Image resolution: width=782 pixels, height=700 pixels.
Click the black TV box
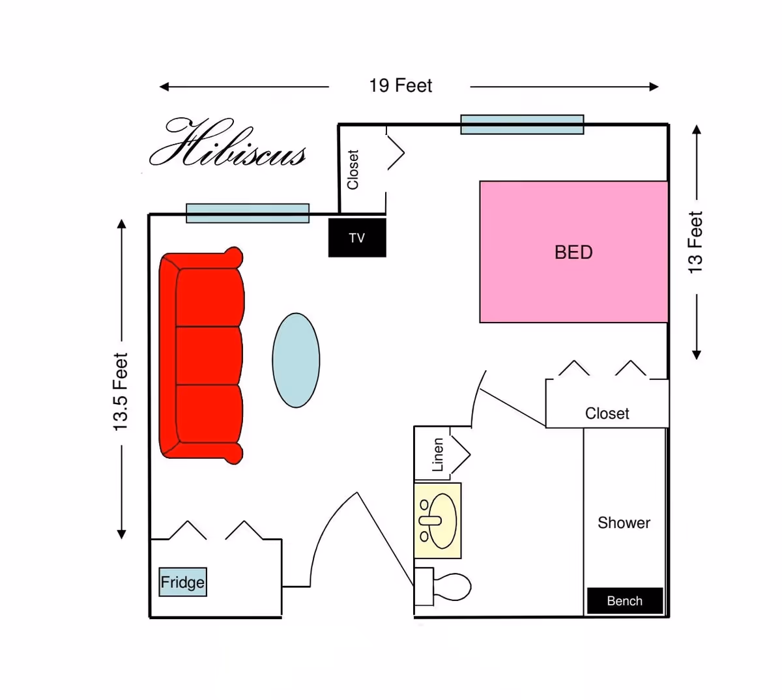357,238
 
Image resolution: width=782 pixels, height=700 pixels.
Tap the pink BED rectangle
573,252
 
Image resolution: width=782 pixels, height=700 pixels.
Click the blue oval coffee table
296,360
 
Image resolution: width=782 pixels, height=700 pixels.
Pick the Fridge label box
182,582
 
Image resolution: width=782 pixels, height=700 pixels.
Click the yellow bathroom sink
438,520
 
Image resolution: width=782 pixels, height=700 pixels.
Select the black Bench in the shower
624,601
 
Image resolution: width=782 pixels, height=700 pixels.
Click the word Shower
624,523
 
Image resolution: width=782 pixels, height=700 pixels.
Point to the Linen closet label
438,454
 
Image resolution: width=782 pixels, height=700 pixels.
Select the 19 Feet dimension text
400,86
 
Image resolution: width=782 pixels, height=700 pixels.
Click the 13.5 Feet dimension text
121,392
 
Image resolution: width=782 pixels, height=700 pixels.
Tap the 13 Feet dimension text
696,242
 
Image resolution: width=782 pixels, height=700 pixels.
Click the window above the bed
522,124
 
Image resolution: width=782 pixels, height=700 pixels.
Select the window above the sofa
248,213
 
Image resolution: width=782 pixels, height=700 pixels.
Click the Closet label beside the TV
353,169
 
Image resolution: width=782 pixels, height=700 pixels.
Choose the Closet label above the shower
607,414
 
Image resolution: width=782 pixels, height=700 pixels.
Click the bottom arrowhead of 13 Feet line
696,355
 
